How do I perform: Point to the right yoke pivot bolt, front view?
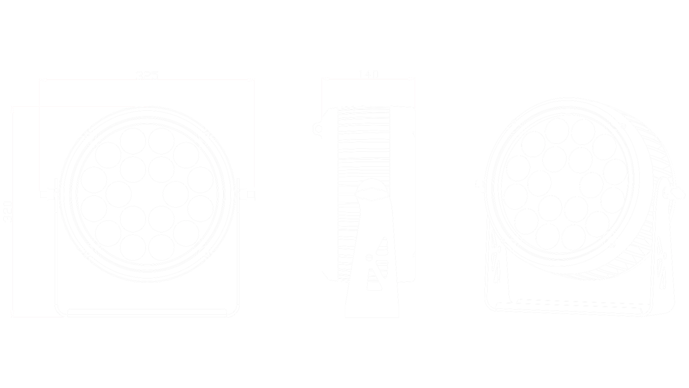(250, 194)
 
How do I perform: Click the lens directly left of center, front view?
(120, 194)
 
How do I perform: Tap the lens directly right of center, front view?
(175, 194)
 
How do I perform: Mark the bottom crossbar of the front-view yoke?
(147, 312)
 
